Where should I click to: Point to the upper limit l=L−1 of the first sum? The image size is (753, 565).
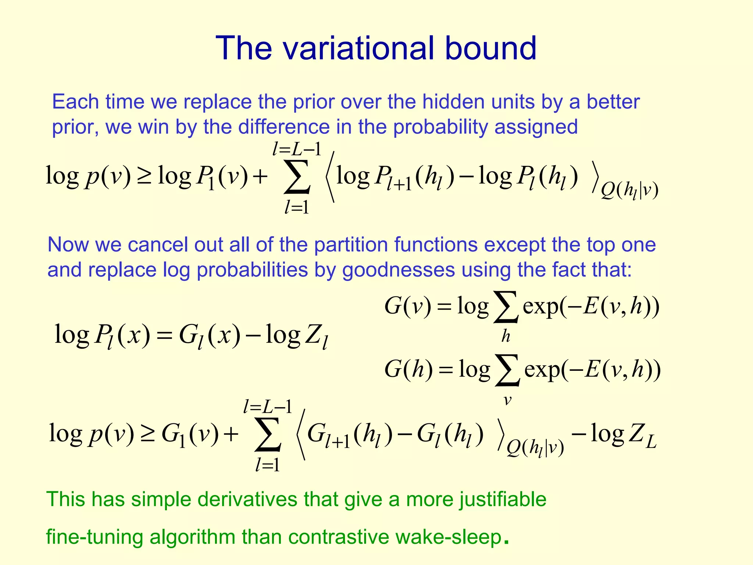coord(297,149)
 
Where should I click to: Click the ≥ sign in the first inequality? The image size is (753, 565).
coord(144,176)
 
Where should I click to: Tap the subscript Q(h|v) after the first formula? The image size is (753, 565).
coord(629,191)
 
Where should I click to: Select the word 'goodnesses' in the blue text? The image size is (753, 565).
coord(399,270)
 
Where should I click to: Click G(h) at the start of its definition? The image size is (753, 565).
coord(408,369)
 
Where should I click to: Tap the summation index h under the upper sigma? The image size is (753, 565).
coord(506,336)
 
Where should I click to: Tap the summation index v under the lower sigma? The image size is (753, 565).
coord(507,400)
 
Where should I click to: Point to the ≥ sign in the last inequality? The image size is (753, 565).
coord(147,434)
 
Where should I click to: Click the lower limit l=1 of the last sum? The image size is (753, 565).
coord(268,465)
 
